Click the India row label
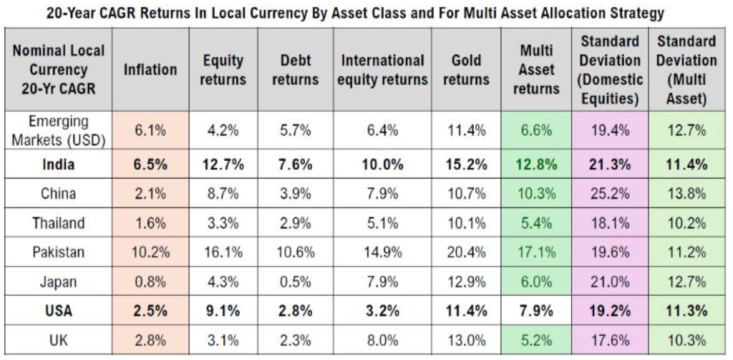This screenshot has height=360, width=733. point(59,165)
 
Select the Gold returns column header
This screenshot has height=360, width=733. point(467,70)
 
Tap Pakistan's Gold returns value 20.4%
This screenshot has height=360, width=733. point(467,253)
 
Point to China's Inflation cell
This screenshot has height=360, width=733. point(150,194)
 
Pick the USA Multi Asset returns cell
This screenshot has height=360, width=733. point(537,311)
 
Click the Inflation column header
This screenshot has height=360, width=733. point(150,70)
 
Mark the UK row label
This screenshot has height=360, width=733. point(59,341)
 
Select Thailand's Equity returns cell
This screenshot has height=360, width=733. point(222,223)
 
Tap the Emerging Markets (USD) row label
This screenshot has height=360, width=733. point(59,130)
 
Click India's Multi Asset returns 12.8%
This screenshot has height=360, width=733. point(537,165)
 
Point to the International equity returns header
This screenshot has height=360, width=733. point(382,70)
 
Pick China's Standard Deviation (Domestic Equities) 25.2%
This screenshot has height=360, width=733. point(610,194)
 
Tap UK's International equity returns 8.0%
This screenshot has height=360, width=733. point(382,341)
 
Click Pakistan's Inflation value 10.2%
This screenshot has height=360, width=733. point(150,253)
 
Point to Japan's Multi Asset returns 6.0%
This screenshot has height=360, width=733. point(537,282)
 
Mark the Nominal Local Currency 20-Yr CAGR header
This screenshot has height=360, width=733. point(59,70)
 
